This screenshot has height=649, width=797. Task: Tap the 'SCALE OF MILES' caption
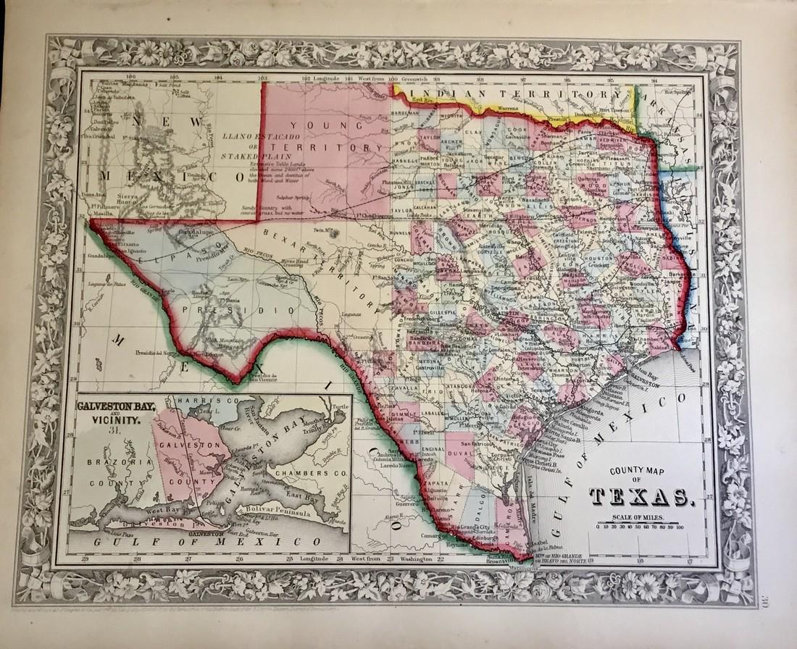pyautogui.click(x=636, y=517)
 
